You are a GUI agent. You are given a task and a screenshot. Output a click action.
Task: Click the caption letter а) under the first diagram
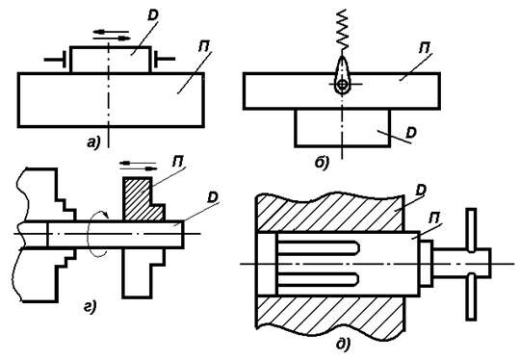click(93, 142)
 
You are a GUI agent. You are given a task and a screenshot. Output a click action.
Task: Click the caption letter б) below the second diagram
click(322, 163)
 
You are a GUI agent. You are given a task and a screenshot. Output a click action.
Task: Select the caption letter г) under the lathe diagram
click(90, 307)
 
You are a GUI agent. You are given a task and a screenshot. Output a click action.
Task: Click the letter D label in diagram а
click(153, 14)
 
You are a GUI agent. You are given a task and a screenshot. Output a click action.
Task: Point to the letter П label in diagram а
click(204, 47)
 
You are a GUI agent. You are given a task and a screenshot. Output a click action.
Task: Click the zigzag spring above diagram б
click(342, 28)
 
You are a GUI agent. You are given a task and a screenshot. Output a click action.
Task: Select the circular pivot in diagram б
click(343, 85)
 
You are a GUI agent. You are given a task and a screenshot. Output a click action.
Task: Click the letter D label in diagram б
click(411, 133)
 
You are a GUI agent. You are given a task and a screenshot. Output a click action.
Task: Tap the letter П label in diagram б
click(425, 48)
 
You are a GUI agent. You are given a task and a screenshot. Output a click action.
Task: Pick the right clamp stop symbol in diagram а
click(164, 60)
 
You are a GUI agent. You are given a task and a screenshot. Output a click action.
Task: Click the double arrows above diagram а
click(112, 35)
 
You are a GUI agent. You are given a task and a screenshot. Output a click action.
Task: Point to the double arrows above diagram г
click(139, 166)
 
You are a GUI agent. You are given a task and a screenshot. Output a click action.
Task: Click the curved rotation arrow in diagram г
click(98, 233)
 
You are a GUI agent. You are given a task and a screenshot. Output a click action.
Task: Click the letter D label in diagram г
click(213, 197)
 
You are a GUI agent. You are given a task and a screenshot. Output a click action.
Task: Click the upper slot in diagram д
click(319, 248)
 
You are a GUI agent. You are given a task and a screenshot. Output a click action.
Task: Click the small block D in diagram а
click(111, 60)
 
